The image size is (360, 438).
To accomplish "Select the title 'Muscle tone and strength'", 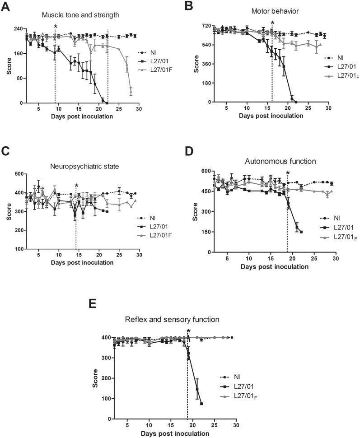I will [x=80, y=15].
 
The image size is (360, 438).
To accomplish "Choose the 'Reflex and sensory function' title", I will [x=172, y=320].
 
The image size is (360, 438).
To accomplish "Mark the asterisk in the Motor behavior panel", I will [x=272, y=23].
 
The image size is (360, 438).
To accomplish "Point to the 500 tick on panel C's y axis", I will [x=18, y=174].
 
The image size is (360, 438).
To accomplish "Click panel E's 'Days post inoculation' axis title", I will [x=175, y=434].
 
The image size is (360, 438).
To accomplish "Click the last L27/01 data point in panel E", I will [x=201, y=404].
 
